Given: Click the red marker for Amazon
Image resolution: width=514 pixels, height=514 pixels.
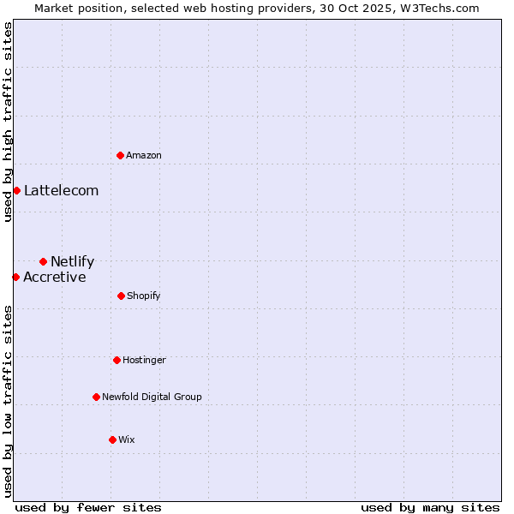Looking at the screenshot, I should point(120,155).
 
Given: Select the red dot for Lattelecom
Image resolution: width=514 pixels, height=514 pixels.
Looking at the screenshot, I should point(16,190).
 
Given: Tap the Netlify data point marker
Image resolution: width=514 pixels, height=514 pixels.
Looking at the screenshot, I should point(43,261).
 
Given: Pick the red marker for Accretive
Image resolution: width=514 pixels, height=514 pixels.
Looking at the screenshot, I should point(15,277).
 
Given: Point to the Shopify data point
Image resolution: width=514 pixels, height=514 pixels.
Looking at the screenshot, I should point(121,296).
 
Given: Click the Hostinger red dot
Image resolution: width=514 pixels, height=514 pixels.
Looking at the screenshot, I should point(117,360).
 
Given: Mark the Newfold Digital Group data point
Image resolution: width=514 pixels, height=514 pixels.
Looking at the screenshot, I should point(96,397).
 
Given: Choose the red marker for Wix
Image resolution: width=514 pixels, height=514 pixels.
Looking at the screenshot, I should point(112,439).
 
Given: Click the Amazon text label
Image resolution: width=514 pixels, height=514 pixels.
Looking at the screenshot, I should point(144,155).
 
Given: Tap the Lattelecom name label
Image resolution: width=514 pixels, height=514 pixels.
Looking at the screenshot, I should point(61,190).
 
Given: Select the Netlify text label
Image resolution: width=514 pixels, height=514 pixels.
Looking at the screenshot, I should point(72,261).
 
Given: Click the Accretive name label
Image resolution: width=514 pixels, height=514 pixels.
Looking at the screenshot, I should point(54,277).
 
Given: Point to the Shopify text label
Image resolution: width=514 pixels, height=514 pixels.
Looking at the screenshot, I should point(143,296).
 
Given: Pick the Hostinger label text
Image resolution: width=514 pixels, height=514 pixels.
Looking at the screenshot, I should point(144,360).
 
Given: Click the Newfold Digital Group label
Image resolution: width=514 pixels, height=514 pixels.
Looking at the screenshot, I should point(152,397).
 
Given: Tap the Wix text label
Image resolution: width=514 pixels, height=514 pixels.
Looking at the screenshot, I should point(127,439).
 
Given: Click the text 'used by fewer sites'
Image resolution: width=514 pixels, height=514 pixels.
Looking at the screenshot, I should point(88,507).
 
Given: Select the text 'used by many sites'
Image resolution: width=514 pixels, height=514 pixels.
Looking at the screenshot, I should point(430,507).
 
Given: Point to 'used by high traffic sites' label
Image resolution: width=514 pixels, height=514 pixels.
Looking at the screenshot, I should point(8,122).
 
